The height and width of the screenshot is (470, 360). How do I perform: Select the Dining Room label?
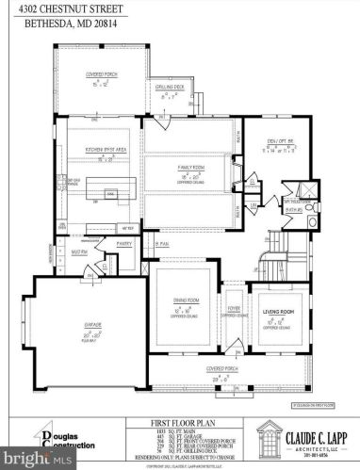(189, 306)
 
